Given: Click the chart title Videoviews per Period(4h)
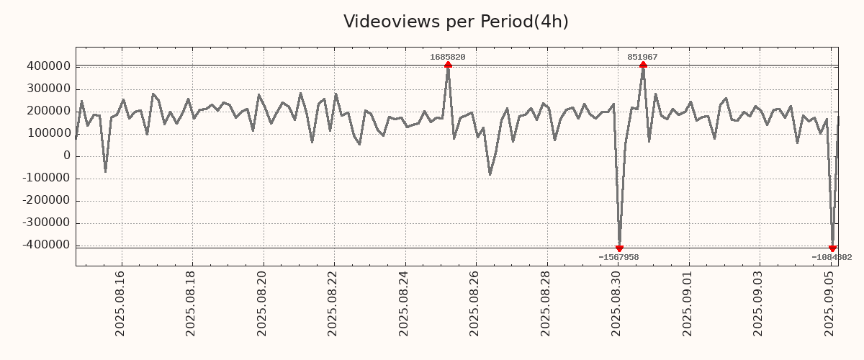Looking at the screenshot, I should [456, 22].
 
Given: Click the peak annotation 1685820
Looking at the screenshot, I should [447, 57].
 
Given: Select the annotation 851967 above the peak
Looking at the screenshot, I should [642, 57].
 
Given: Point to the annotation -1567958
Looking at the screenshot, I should [618, 257].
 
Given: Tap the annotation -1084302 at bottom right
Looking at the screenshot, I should [832, 257].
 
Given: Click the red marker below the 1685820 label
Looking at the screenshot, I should [448, 65].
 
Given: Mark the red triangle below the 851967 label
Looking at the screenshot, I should [643, 65].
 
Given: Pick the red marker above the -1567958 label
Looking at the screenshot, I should [619, 248].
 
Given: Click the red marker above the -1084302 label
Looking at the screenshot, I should [832, 248].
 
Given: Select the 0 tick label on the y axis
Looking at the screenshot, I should [66, 156].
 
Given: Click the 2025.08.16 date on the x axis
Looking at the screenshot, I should [120, 302].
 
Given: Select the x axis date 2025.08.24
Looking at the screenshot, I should [404, 302].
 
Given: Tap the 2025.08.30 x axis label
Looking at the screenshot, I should [617, 302].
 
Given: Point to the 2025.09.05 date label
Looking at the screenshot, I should [829, 302].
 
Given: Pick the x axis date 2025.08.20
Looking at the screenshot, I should [262, 302].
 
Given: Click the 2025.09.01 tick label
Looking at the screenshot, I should [688, 302].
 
